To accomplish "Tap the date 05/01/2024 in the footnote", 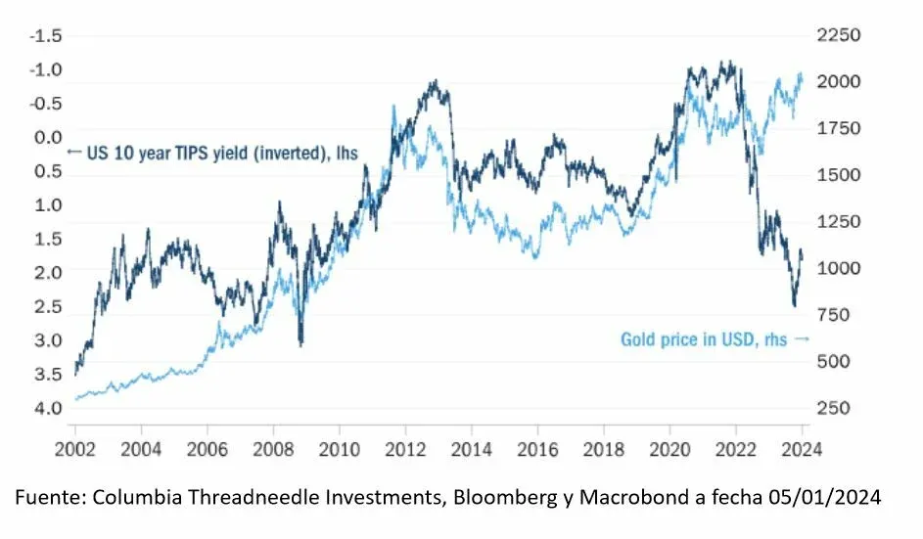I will [x=828, y=498].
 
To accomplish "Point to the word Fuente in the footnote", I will [x=46, y=498].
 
